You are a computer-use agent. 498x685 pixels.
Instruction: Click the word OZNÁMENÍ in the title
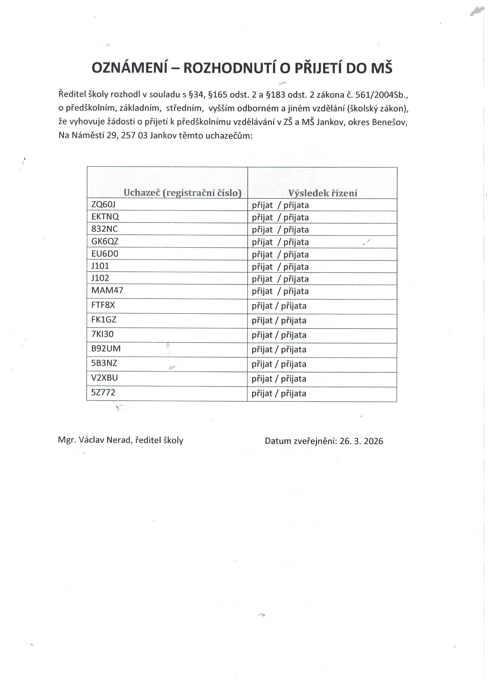[x=129, y=68]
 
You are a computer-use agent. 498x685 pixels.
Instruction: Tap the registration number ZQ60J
[x=103, y=205]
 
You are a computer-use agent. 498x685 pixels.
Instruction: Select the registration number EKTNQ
[x=105, y=217]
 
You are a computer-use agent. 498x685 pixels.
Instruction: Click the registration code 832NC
[x=105, y=229]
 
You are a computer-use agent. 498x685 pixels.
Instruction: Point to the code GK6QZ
[x=105, y=241]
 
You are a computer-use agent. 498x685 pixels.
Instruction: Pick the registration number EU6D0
[x=105, y=254]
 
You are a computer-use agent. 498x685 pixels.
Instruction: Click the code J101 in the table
[x=100, y=266]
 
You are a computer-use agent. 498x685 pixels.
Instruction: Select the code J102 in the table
[x=100, y=278]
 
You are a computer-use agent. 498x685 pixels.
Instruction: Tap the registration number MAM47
[x=107, y=291]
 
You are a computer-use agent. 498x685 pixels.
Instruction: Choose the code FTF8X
[x=103, y=305]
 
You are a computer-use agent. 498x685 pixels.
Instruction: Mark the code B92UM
[x=106, y=349]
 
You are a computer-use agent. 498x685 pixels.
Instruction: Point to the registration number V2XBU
[x=105, y=378]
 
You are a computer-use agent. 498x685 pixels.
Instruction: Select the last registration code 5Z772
[x=103, y=393]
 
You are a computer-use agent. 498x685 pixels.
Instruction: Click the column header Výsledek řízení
[x=323, y=193]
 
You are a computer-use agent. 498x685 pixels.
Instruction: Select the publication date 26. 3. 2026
[x=361, y=441]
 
